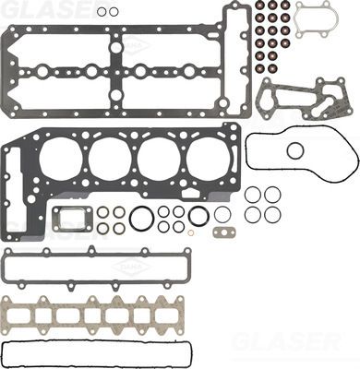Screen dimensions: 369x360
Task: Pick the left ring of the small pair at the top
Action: [x=102, y=12]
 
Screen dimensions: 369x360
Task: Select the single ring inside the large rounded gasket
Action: [x=295, y=150]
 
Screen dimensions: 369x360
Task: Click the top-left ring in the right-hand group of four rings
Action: [x=252, y=195]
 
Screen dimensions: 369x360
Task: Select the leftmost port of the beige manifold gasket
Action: [x=37, y=315]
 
